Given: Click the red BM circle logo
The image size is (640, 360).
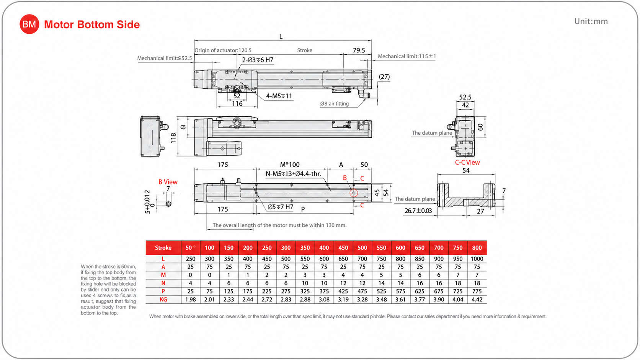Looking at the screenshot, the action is click(x=29, y=24).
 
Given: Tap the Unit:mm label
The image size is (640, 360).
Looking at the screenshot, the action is click(x=591, y=21).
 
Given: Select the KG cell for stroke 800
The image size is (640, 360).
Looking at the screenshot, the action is click(x=477, y=300).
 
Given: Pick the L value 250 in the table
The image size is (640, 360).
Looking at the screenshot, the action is click(x=191, y=259).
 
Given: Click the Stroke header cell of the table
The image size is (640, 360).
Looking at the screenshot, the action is click(x=163, y=248).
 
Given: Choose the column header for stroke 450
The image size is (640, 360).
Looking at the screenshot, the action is click(x=343, y=248).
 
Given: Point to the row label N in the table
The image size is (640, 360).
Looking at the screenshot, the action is click(x=163, y=283).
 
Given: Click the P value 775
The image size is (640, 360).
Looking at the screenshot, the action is click(x=477, y=291).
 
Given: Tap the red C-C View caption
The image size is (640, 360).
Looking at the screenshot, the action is click(x=467, y=163).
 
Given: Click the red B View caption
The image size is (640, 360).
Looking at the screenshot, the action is click(x=168, y=182).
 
